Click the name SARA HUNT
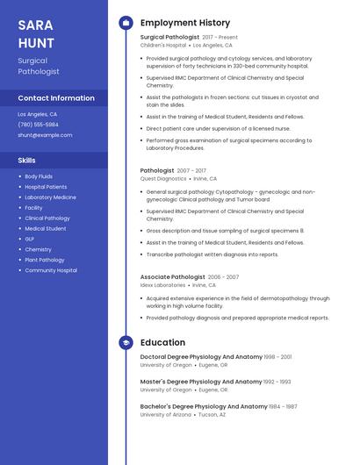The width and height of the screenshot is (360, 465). (x=37, y=33)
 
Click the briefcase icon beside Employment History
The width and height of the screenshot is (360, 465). (x=126, y=23)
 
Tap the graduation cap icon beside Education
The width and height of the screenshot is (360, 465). (x=126, y=342)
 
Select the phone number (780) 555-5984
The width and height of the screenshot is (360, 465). (x=39, y=125)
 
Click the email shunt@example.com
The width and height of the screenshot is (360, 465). (x=45, y=135)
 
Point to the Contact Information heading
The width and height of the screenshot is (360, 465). (x=56, y=98)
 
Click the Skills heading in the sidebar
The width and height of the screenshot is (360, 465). (x=27, y=161)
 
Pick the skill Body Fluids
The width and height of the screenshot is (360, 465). (x=39, y=176)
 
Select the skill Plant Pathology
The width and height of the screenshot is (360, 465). (x=44, y=260)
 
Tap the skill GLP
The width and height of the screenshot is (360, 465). (x=30, y=239)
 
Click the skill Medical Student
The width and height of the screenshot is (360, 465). (x=45, y=228)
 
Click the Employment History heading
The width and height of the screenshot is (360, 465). (x=185, y=23)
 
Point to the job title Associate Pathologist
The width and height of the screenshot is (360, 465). (x=173, y=276)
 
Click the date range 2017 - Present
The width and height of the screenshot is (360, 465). (x=220, y=38)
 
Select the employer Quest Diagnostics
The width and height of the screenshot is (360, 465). (x=163, y=178)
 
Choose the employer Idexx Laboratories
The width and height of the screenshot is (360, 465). (x=162, y=284)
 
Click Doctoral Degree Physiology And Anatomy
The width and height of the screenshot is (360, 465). (x=201, y=357)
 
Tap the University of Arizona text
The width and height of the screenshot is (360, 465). (x=166, y=414)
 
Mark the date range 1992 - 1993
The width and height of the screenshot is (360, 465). (x=277, y=382)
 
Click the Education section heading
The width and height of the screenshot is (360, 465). (x=162, y=342)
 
